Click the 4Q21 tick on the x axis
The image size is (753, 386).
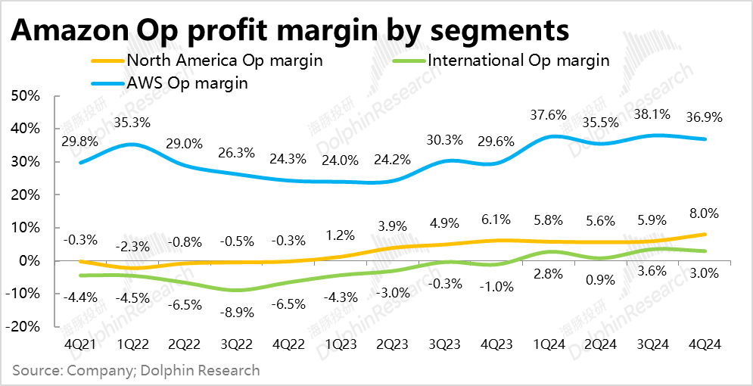(x=79, y=343)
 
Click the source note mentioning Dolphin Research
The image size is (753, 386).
(x=136, y=371)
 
